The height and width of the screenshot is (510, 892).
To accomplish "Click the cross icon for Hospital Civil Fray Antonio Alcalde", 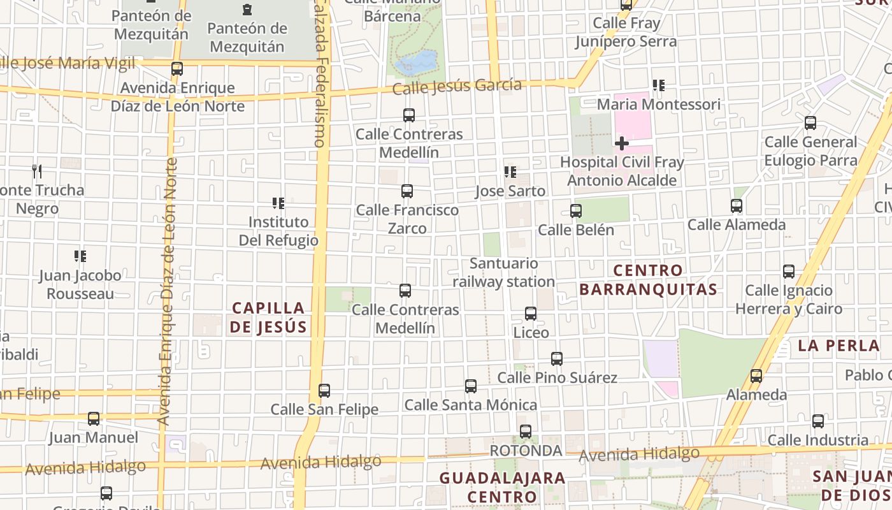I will (x=621, y=143).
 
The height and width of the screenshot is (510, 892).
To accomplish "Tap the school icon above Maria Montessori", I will (x=659, y=85).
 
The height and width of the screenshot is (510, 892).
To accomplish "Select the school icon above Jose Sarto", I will (x=510, y=172).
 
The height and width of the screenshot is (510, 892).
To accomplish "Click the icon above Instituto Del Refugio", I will (x=278, y=203).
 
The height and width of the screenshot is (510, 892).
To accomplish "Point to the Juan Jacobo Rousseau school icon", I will (x=80, y=256).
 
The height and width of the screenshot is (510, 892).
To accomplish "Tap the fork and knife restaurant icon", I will (x=37, y=171).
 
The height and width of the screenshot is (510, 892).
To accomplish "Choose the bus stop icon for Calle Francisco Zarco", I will (x=406, y=191).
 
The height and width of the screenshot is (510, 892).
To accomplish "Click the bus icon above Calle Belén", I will (x=576, y=211).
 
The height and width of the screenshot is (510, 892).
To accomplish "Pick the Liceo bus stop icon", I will (x=530, y=314).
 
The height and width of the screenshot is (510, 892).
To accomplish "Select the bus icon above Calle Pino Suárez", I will (x=557, y=359).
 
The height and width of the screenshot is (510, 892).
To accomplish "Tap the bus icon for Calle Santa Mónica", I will (x=471, y=386).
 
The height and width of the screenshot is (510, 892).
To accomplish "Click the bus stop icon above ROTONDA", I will (x=526, y=432).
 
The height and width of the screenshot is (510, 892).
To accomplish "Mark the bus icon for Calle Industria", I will (x=818, y=421).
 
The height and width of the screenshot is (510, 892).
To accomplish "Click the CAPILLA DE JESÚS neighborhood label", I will (x=268, y=317).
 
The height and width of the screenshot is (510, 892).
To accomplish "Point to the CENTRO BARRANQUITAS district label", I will (x=648, y=280).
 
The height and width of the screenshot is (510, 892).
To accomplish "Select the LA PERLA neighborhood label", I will (x=838, y=346).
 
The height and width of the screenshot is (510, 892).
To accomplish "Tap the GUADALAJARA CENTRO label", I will (x=502, y=487).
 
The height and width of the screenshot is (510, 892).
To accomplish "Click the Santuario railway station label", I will (x=503, y=272).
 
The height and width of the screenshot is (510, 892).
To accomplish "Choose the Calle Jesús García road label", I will (x=457, y=86).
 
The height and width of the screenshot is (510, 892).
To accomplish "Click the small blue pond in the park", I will (x=416, y=63).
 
